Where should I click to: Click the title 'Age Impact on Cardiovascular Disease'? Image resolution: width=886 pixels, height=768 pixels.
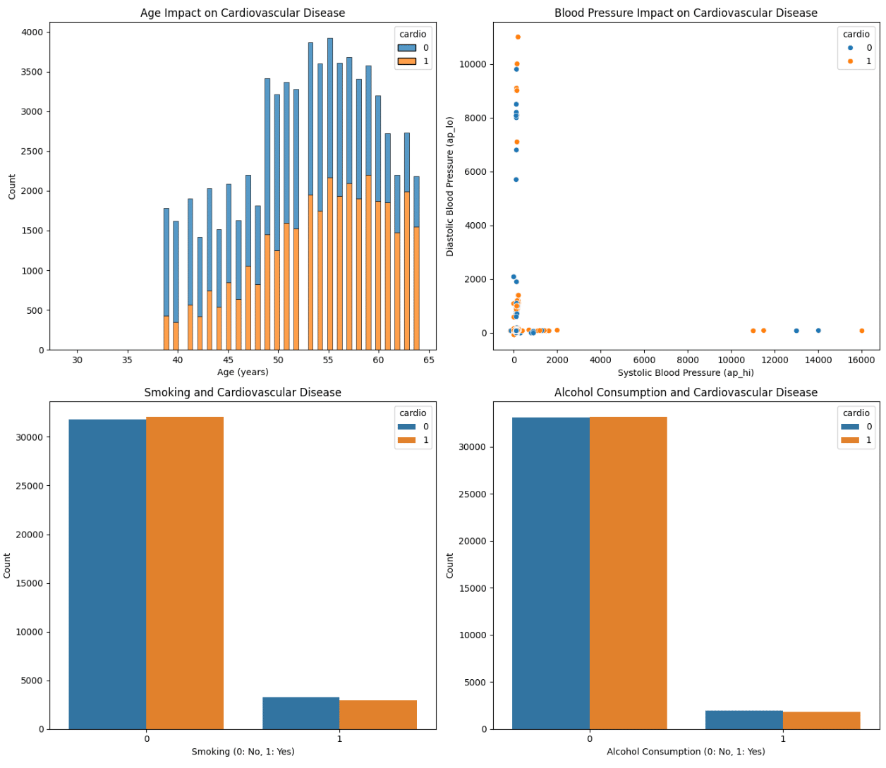pyautogui.click(x=243, y=13)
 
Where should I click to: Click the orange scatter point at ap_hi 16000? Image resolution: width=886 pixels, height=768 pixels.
pyautogui.click(x=861, y=331)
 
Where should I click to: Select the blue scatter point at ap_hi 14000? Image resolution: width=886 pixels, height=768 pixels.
pyautogui.click(x=818, y=330)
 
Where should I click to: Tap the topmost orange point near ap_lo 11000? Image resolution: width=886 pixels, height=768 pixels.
pyautogui.click(x=518, y=37)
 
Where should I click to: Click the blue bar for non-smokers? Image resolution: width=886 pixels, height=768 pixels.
pyautogui.click(x=107, y=574)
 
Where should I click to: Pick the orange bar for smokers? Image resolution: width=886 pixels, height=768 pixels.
pyautogui.click(x=378, y=714)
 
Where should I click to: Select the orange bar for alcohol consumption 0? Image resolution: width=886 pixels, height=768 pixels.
pyautogui.click(x=628, y=573)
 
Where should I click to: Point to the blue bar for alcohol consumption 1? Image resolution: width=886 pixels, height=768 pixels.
pyautogui.click(x=744, y=720)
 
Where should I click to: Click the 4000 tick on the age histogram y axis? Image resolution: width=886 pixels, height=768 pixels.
pyautogui.click(x=32, y=32)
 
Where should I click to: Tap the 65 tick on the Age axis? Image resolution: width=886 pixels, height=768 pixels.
pyautogui.click(x=429, y=360)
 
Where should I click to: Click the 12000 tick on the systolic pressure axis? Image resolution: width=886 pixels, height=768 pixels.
pyautogui.click(x=775, y=360)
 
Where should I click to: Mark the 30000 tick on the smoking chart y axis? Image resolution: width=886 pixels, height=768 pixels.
pyautogui.click(x=29, y=437)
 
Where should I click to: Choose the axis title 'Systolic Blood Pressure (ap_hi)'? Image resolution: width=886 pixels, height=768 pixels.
pyautogui.click(x=686, y=372)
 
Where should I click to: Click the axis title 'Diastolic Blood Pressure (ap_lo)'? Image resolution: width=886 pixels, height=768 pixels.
pyautogui.click(x=450, y=186)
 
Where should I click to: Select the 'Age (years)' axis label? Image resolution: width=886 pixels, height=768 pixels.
pyautogui.click(x=243, y=372)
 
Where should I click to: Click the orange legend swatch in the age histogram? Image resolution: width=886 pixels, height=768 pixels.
pyautogui.click(x=406, y=61)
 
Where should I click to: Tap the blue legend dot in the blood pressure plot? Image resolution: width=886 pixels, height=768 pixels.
pyautogui.click(x=850, y=48)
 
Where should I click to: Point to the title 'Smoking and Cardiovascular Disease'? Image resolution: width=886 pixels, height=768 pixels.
pyautogui.click(x=243, y=392)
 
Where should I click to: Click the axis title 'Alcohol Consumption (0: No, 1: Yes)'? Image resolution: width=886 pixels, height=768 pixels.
pyautogui.click(x=686, y=752)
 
